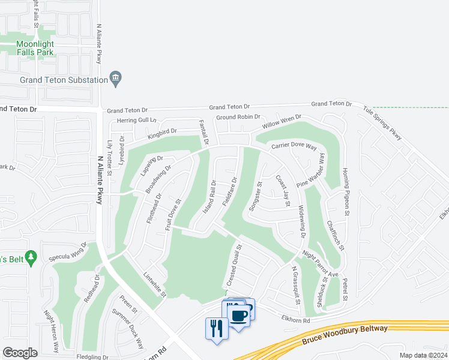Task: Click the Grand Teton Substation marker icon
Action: pyautogui.click(x=116, y=78)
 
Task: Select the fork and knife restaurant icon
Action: pyautogui.click(x=216, y=328)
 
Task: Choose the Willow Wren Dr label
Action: pyautogui.click(x=281, y=122)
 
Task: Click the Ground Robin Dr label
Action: pyautogui.click(x=238, y=117)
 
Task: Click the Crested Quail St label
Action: pyautogui.click(x=234, y=265)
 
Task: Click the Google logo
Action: pyautogui.click(x=20, y=353)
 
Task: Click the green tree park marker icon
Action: pyautogui.click(x=32, y=258)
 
